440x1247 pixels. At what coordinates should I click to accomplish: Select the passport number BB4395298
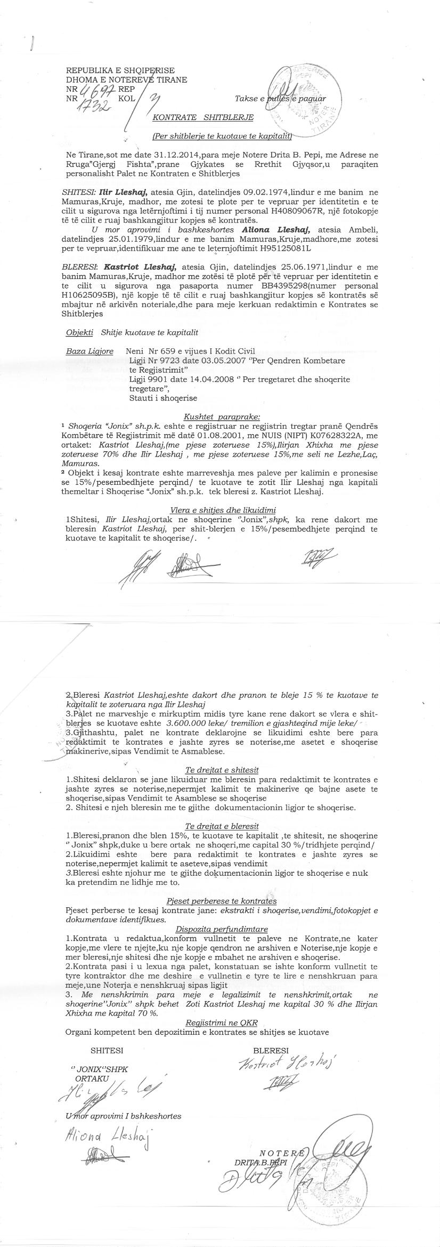coord(288,286)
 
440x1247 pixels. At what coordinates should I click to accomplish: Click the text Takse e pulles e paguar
coord(280,99)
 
